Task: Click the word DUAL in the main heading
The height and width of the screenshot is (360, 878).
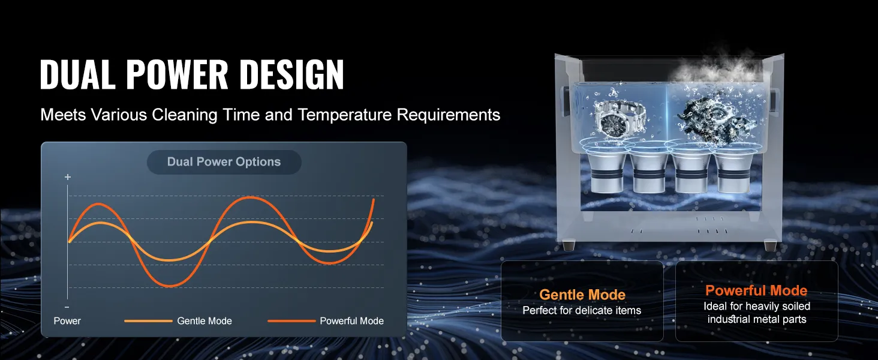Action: [x=77, y=74]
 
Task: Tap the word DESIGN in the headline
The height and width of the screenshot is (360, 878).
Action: [x=291, y=74]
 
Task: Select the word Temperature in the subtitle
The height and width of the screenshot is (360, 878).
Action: [x=344, y=115]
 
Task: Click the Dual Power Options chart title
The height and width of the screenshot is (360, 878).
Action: [x=224, y=161]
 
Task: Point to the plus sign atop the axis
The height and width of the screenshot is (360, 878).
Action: [x=68, y=177]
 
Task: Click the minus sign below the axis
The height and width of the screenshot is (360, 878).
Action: [x=67, y=307]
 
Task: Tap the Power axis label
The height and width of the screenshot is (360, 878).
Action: [x=67, y=321]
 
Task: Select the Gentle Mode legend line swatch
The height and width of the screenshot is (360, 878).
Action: [x=148, y=321]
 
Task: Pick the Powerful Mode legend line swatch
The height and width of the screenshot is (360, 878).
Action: [x=291, y=321]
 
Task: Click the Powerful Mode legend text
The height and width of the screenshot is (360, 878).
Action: [x=351, y=321]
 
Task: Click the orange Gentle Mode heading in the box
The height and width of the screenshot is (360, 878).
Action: [x=582, y=295]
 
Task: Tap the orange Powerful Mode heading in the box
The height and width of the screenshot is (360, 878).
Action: [x=756, y=290]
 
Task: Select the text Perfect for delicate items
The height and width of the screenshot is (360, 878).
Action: [x=582, y=311]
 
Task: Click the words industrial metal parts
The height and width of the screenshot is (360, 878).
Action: [x=756, y=319]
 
